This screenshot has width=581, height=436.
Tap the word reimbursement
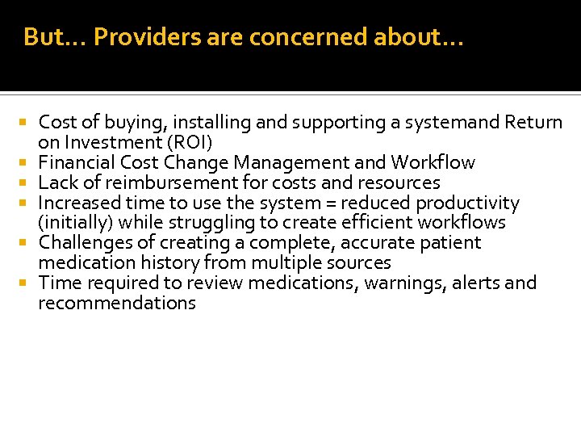pos(166,183)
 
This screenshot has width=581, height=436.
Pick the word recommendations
pos(117,304)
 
